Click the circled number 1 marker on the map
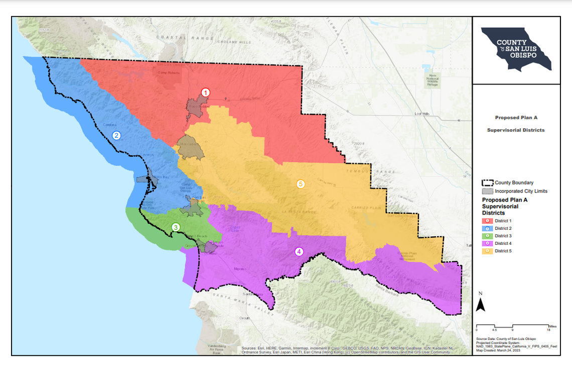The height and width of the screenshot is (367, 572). tap(205, 93)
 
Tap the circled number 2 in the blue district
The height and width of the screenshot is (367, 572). tap(116, 135)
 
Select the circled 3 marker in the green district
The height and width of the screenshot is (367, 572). tap(176, 227)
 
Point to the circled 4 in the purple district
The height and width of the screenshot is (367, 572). tap(299, 251)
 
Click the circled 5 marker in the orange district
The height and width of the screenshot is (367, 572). tap(301, 184)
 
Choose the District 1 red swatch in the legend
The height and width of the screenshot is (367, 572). tap(486, 221)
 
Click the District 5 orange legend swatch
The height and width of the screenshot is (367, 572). tap(486, 250)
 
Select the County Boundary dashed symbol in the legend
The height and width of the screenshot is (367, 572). tap(487, 183)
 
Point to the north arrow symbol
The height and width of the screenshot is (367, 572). tap(480, 304)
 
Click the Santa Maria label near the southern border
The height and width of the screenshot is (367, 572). tap(253, 294)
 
